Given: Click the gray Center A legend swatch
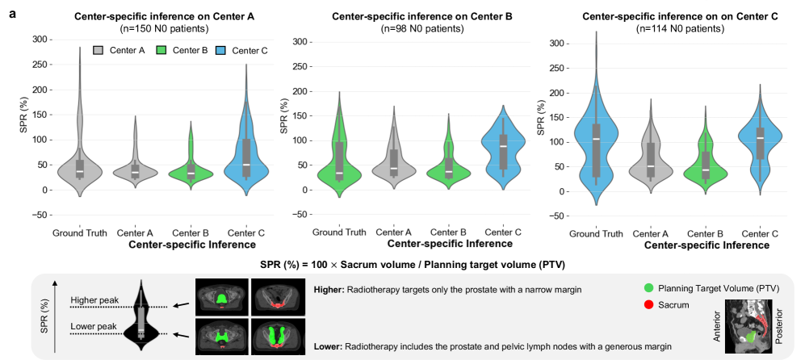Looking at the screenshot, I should pyautogui.click(x=99, y=51).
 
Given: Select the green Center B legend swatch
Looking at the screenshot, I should pyautogui.click(x=161, y=51).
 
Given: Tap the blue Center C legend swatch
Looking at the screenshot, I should pyautogui.click(x=223, y=51).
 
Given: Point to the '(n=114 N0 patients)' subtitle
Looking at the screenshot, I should pyautogui.click(x=676, y=29).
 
